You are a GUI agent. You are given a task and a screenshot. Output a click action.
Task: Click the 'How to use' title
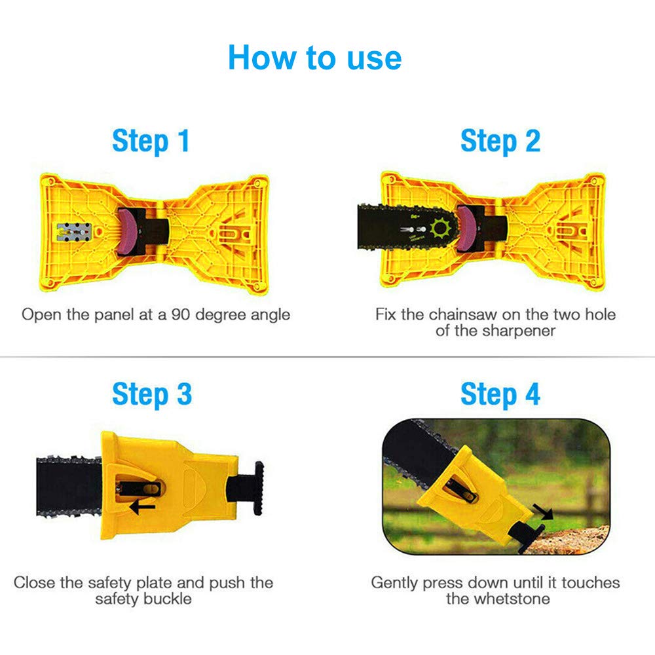pyautogui.click(x=314, y=58)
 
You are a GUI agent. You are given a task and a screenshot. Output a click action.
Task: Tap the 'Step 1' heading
pyautogui.click(x=151, y=141)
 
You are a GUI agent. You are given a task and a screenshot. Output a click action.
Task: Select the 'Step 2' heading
pyautogui.click(x=500, y=141)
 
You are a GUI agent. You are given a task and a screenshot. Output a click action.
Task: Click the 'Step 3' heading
pyautogui.click(x=152, y=395)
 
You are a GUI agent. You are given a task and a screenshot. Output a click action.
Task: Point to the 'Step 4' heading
pyautogui.click(x=500, y=395)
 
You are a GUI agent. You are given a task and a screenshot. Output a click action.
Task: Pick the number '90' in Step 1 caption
pyautogui.click(x=183, y=314)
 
